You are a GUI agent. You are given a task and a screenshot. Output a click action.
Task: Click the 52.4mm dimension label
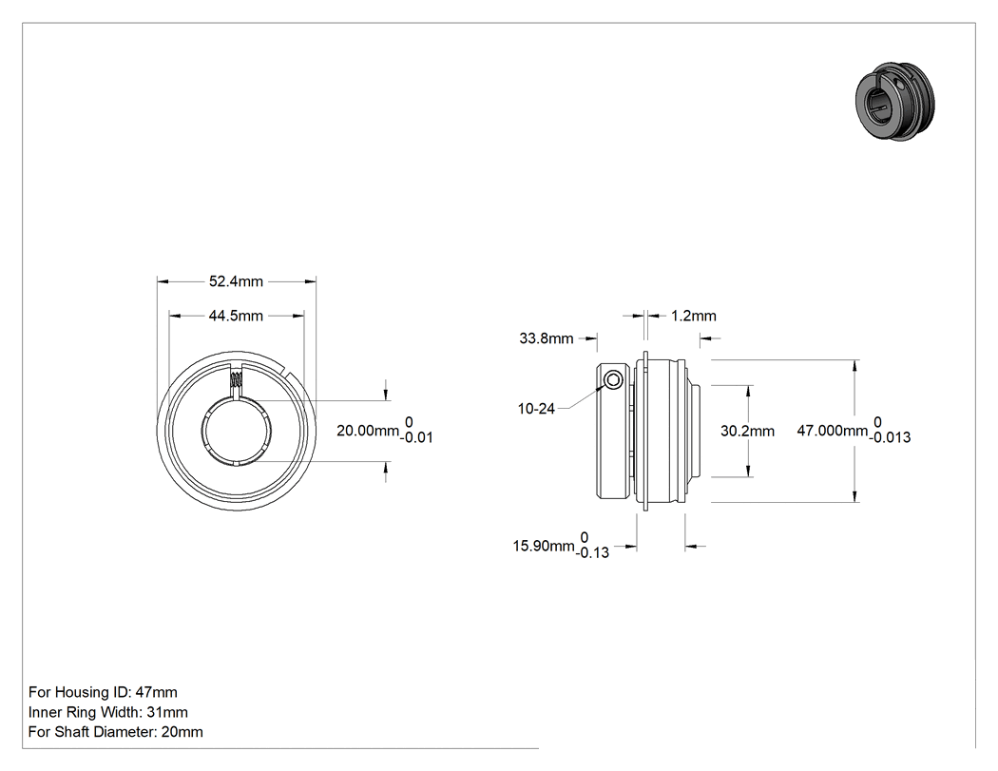[236, 281]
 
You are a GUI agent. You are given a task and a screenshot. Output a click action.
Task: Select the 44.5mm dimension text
[236, 316]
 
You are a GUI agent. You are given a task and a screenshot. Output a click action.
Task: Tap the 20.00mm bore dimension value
[368, 431]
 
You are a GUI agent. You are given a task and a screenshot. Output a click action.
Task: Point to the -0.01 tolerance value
[417, 437]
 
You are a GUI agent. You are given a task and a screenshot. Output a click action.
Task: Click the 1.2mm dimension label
[694, 316]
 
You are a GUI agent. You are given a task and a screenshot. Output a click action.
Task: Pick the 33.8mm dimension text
[547, 338]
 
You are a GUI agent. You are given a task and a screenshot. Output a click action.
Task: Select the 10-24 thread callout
[537, 409]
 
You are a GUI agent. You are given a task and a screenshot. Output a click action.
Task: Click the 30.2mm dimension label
[747, 431]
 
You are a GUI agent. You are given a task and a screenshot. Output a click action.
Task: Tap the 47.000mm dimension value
[833, 431]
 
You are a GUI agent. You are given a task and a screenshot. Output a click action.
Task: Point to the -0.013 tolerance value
[891, 437]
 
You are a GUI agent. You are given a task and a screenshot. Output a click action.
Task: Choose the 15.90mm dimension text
[544, 546]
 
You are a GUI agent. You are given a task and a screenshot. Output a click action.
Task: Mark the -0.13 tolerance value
[592, 552]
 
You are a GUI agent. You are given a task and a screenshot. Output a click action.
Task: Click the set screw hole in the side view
[613, 380]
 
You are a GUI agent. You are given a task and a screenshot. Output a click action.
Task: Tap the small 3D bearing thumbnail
[895, 101]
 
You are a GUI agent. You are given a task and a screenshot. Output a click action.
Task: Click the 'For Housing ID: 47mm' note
[103, 692]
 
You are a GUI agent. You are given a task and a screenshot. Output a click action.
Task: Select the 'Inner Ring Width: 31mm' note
[108, 712]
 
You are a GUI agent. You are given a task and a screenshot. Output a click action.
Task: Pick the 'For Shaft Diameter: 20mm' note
[116, 731]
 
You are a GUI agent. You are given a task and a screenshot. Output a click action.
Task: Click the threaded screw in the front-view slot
[236, 380]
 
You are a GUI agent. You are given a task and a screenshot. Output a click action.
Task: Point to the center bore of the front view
[237, 432]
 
